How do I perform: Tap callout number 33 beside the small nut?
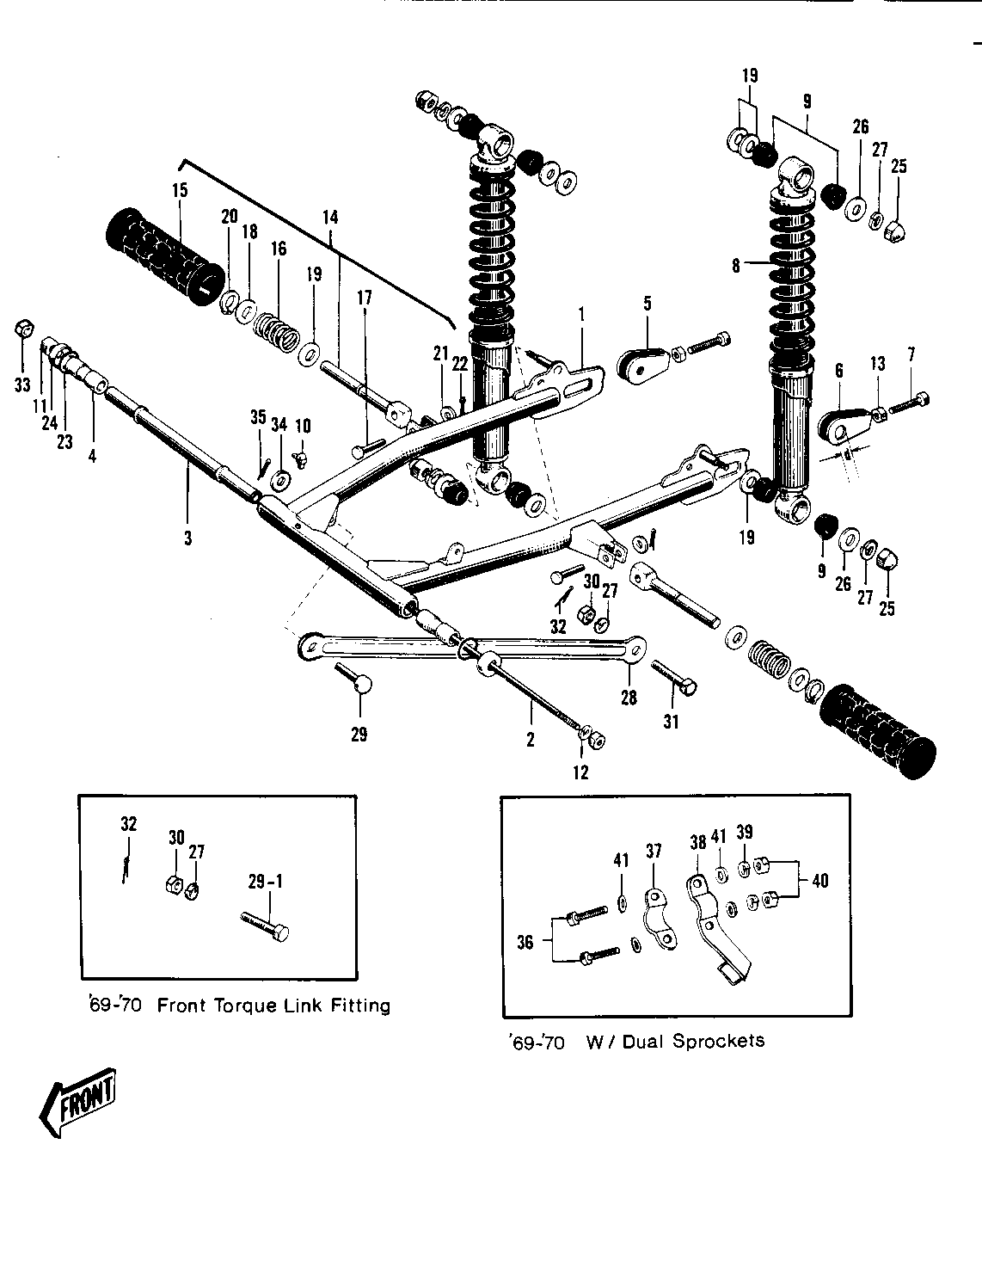click(22, 384)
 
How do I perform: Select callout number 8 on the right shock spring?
click(736, 266)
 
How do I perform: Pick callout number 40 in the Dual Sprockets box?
click(820, 880)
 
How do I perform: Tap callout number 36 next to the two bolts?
click(525, 942)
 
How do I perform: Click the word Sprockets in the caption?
click(718, 1041)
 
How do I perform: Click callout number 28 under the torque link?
click(629, 697)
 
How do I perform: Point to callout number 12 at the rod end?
click(580, 772)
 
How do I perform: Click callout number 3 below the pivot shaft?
click(187, 538)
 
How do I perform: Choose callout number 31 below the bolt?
click(671, 722)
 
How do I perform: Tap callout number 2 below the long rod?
click(531, 739)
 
